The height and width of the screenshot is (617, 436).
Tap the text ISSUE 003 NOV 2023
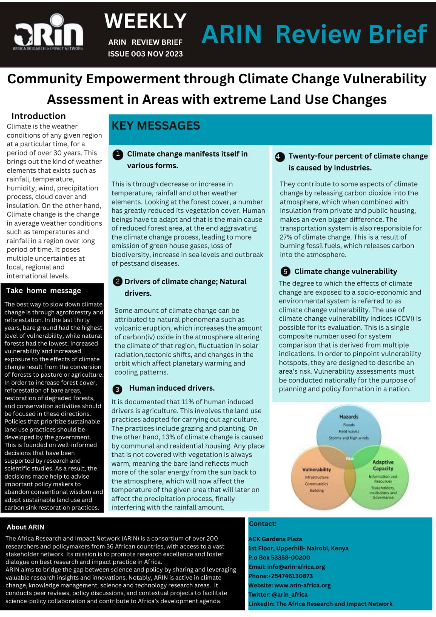click(x=145, y=54)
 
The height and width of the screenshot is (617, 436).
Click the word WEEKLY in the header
click(x=145, y=21)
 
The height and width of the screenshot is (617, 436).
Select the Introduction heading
click(x=38, y=116)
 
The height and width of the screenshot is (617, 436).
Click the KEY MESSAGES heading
click(x=156, y=126)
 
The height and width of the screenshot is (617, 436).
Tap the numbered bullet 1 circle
click(x=118, y=154)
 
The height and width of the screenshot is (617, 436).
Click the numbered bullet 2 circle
click(x=118, y=282)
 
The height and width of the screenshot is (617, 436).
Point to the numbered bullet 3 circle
click(x=118, y=389)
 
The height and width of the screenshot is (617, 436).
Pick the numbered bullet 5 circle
click(x=285, y=271)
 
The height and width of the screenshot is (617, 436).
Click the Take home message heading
click(x=44, y=290)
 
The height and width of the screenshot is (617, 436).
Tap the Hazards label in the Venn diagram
click(x=348, y=416)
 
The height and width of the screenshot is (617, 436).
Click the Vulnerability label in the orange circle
click(x=316, y=469)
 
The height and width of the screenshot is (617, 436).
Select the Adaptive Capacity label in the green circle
click(x=383, y=465)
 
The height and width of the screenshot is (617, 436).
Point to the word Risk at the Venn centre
click(x=350, y=459)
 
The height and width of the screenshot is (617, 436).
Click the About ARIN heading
click(x=25, y=527)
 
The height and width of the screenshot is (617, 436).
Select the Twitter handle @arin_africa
click(x=290, y=595)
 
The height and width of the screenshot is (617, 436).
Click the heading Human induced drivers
click(x=172, y=388)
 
